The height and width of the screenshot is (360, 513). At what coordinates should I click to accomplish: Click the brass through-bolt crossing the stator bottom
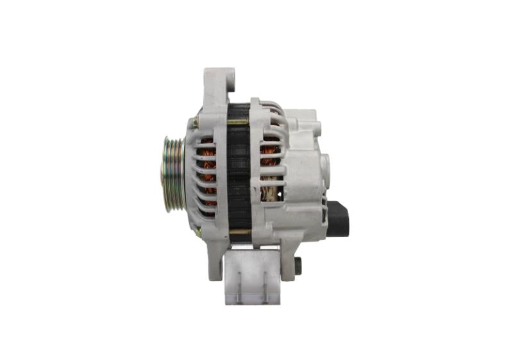[x=239, y=231]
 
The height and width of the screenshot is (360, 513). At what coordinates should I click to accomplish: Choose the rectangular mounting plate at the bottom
[x=253, y=276]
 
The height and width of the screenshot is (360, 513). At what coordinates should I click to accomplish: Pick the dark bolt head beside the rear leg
[x=298, y=264]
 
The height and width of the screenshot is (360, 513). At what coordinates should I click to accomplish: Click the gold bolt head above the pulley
[x=193, y=120]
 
